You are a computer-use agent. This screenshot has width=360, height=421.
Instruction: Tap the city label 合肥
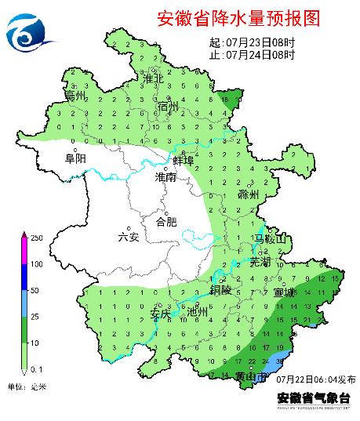[x=167, y=222]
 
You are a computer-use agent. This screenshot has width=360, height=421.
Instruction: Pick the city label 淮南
[x=166, y=178]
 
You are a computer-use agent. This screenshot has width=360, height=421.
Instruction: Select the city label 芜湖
[x=260, y=261]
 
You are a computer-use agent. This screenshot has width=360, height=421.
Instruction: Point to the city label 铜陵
[x=220, y=288]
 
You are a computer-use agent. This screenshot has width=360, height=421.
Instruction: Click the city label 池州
[x=198, y=312]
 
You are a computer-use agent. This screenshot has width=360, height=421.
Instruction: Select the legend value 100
[x=35, y=264]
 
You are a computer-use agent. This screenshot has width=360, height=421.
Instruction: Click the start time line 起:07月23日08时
[x=253, y=42]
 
